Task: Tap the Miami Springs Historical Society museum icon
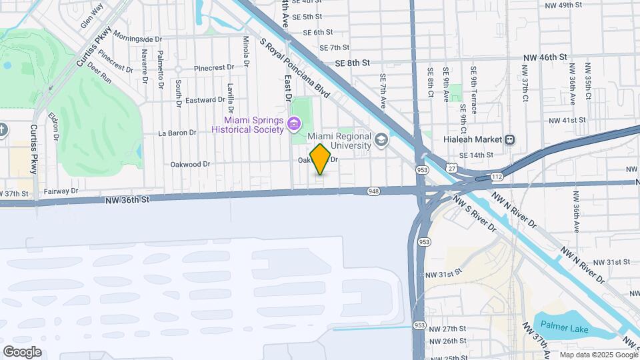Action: [x=293, y=124]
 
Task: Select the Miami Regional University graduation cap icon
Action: [x=381, y=139]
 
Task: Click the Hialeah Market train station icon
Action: [x=509, y=140]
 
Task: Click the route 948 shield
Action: [x=373, y=191]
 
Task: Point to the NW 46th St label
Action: [x=544, y=58]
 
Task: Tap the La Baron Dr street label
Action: [x=177, y=133]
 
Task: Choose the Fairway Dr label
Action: [x=61, y=191]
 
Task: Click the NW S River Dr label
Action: [x=475, y=213]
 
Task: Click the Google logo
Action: [x=22, y=351]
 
